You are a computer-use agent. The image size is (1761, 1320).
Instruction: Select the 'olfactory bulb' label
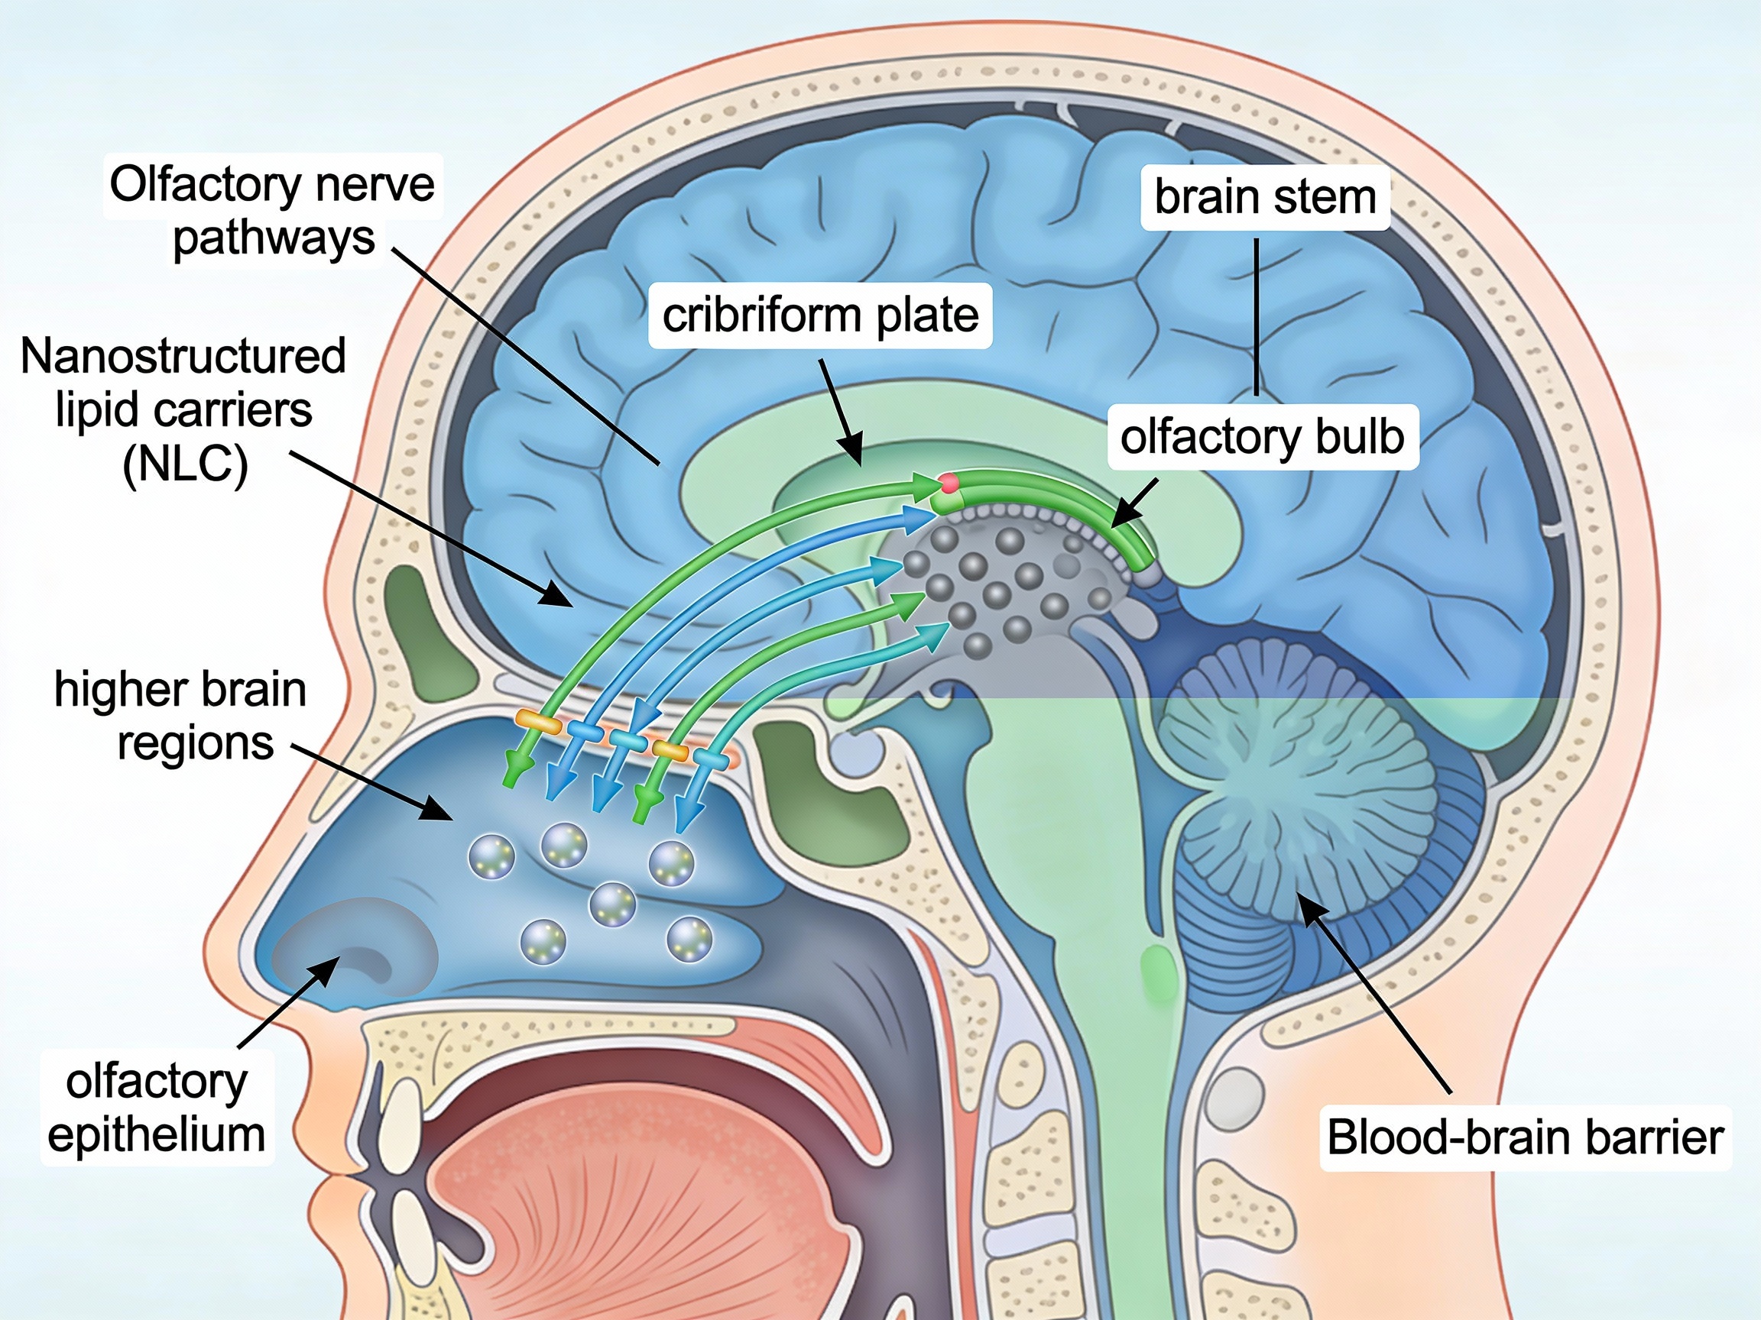[x=1262, y=437]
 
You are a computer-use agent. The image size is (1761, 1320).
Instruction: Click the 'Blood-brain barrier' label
[x=1525, y=1137]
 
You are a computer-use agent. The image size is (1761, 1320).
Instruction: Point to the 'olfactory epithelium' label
[x=157, y=1108]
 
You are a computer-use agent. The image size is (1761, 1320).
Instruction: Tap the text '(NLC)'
[x=185, y=464]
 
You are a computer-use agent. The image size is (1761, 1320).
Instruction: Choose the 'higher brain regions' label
[x=180, y=715]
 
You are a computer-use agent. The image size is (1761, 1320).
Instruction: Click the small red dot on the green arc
[x=947, y=482]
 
